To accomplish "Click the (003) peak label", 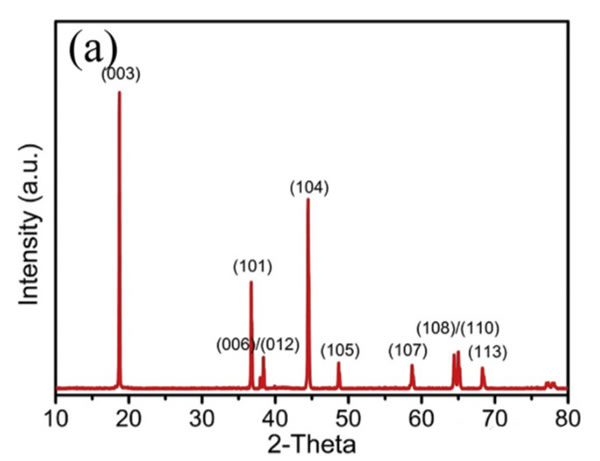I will click(119, 73).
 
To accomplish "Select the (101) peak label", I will click(252, 266).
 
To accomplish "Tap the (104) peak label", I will click(309, 187).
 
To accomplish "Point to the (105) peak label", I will click(340, 350).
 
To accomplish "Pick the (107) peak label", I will click(408, 350).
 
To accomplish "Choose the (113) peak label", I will click(487, 351).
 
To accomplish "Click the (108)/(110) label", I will click(458, 328).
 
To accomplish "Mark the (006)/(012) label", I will click(257, 345).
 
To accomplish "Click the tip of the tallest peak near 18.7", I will click(119, 92).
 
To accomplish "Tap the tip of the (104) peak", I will click(308, 199).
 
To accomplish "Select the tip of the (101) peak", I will click(251, 282).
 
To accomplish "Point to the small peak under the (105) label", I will click(338, 364).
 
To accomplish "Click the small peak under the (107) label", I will click(412, 366).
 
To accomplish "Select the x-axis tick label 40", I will click(275, 413).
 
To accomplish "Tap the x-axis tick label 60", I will click(421, 413).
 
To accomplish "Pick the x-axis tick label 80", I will click(567, 413).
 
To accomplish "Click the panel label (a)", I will click(93, 47).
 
